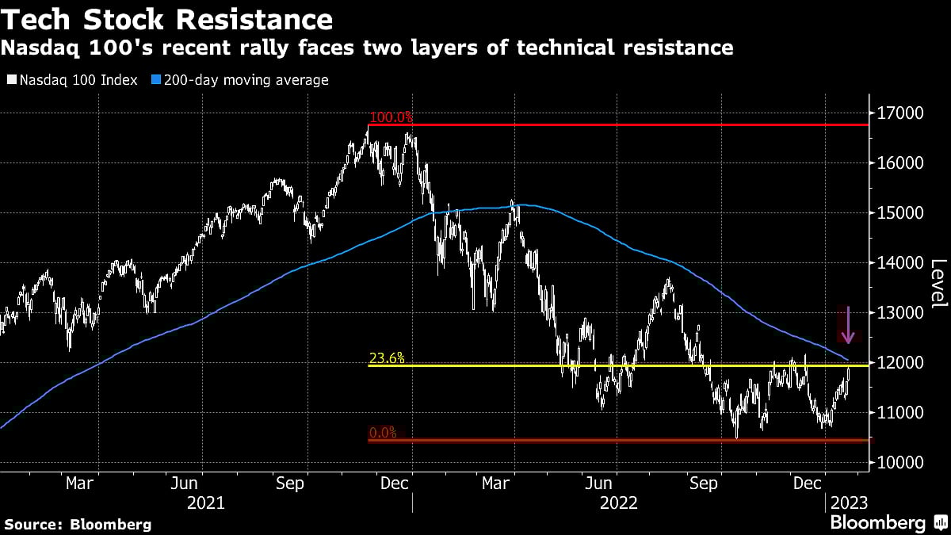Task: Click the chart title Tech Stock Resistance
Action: point(167,18)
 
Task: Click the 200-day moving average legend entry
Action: point(242,80)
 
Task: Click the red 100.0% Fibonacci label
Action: point(391,117)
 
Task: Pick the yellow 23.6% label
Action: point(388,358)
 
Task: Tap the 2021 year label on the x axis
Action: point(206,503)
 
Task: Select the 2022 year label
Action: point(619,503)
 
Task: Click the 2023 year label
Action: point(847,503)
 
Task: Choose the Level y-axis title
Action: point(938,285)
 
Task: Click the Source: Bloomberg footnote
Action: point(78,524)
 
